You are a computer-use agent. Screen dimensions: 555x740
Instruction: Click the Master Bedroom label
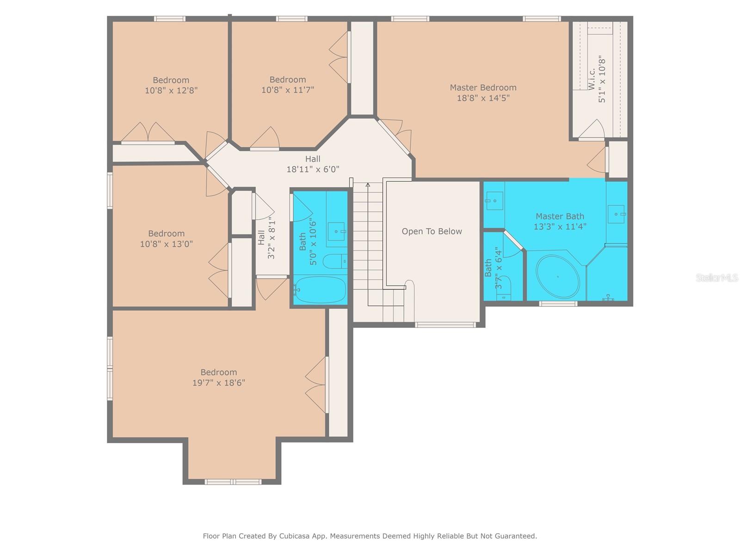click(x=483, y=87)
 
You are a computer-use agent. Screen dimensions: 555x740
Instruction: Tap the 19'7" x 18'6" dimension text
click(x=218, y=383)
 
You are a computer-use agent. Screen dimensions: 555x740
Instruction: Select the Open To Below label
click(x=432, y=231)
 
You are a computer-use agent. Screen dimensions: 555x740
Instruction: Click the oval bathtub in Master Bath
click(x=557, y=277)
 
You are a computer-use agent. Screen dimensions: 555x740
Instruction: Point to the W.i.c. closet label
click(x=592, y=79)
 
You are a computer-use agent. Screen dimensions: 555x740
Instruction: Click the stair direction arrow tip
click(x=368, y=185)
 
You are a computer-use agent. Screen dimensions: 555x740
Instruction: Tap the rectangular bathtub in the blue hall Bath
click(x=320, y=290)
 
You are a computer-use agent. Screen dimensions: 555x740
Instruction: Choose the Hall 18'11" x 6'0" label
click(x=313, y=164)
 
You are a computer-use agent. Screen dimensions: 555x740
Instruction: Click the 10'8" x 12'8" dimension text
click(x=171, y=91)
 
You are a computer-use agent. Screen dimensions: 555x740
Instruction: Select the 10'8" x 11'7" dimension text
click(x=288, y=90)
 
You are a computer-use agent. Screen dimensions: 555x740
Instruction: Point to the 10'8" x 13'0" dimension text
click(x=166, y=244)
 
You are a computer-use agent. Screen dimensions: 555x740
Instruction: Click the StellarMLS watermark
click(x=716, y=277)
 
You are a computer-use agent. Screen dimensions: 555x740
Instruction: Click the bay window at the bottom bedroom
click(x=233, y=482)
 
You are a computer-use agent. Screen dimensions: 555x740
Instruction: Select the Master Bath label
click(x=560, y=216)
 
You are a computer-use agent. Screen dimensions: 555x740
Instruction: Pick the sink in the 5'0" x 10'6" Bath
click(x=336, y=231)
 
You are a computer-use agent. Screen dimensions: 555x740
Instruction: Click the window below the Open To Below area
click(x=445, y=325)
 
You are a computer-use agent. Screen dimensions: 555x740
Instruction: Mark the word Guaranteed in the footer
click(x=515, y=536)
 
